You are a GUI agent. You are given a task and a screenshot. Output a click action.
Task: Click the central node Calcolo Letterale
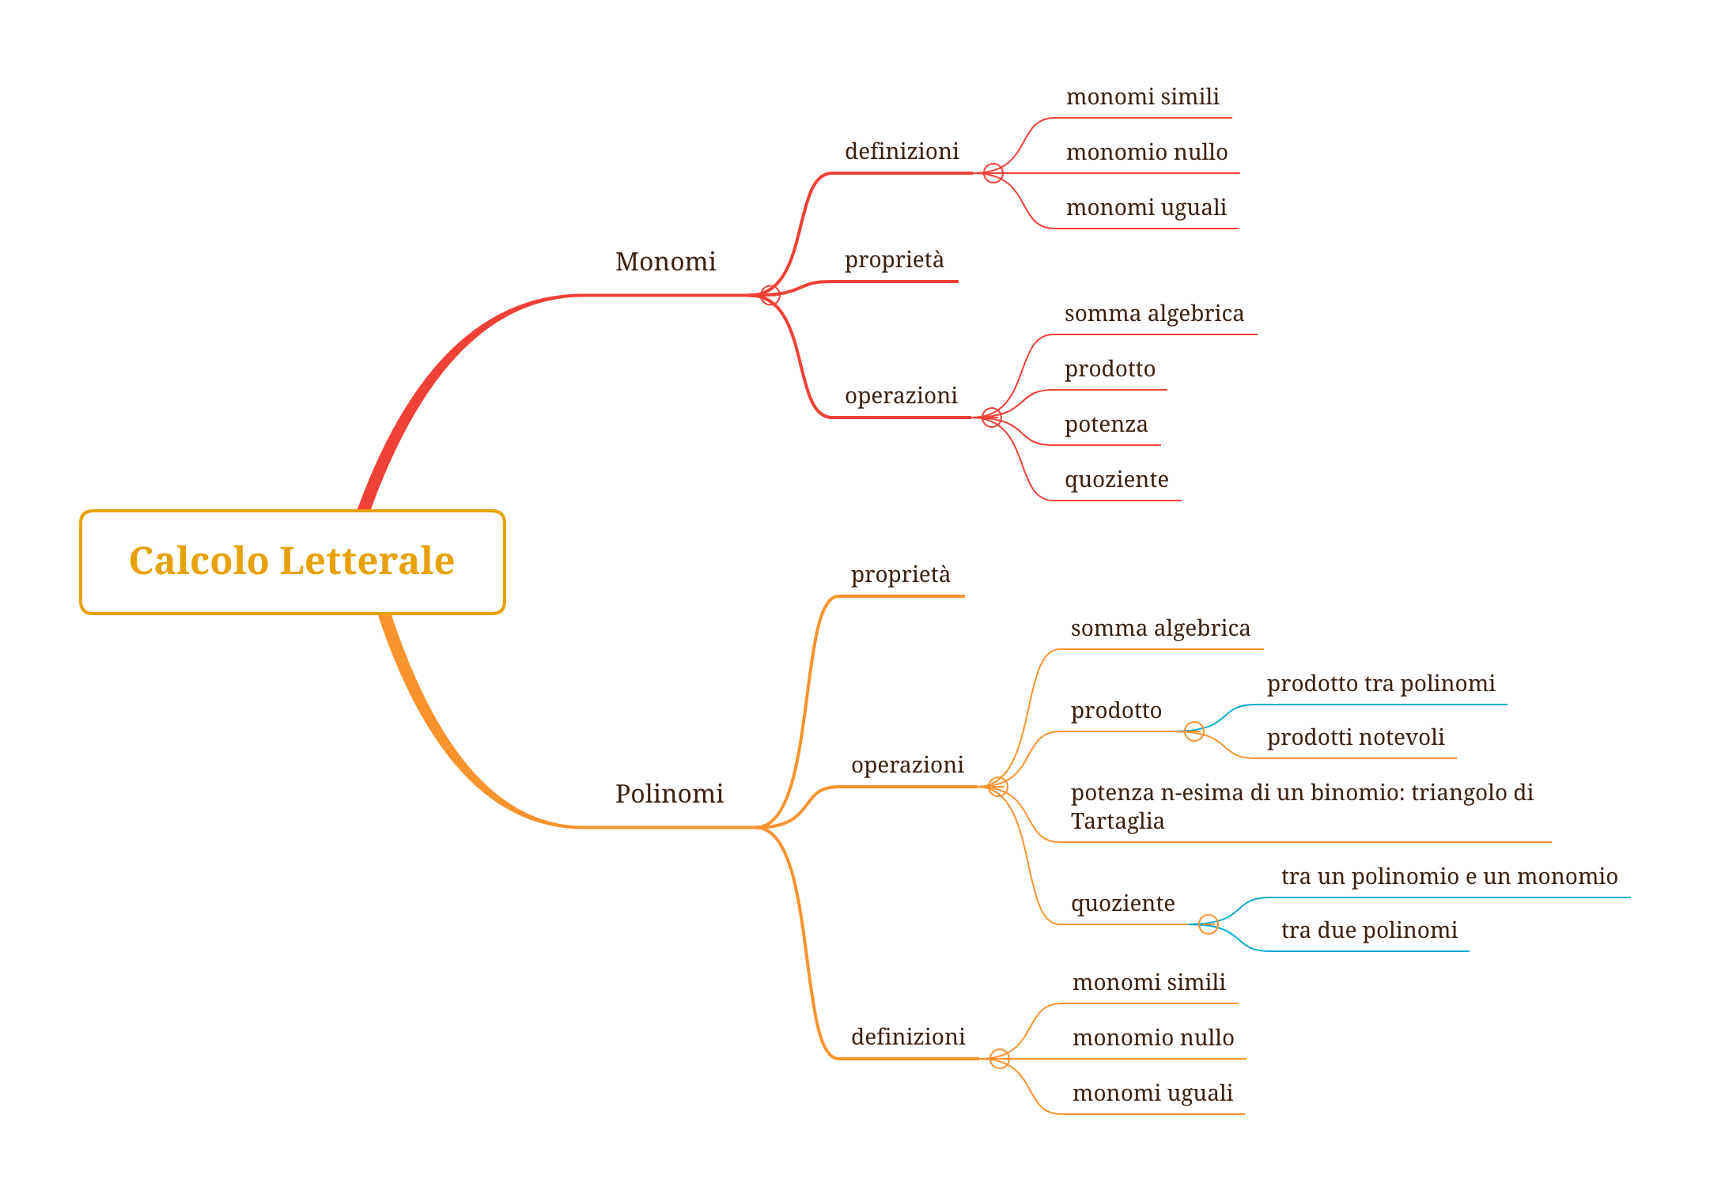(x=292, y=561)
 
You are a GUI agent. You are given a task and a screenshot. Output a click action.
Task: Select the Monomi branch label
(x=665, y=262)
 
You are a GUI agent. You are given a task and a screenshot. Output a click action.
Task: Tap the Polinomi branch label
(x=669, y=794)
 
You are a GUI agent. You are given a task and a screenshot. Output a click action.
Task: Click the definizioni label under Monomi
(x=901, y=151)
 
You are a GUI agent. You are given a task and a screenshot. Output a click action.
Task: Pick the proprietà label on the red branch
(x=894, y=260)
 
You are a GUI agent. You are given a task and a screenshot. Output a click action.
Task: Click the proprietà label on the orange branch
(x=900, y=575)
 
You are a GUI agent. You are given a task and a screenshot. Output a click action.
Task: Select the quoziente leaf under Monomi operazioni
(x=1116, y=480)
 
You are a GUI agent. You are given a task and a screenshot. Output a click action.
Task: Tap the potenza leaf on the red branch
(x=1106, y=425)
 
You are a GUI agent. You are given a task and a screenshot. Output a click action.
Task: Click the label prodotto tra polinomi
(x=1380, y=683)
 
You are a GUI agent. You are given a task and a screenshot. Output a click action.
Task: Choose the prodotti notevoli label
(x=1355, y=738)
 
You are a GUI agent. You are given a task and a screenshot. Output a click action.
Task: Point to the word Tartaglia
(x=1117, y=822)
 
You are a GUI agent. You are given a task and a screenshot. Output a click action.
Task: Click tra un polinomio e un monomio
(x=1449, y=876)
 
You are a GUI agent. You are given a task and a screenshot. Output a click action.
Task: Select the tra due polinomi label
(x=1368, y=931)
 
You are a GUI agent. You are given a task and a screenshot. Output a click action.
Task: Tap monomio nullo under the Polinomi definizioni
(x=1152, y=1038)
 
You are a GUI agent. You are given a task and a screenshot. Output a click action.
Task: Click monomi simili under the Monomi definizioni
(x=1142, y=97)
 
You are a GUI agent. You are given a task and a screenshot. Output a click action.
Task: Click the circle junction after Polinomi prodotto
(x=1194, y=731)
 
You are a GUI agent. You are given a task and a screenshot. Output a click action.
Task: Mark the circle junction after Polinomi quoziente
(x=1208, y=924)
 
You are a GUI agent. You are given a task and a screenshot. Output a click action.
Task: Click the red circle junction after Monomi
(x=770, y=295)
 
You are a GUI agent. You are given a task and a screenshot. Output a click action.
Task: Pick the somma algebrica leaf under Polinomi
(x=1160, y=629)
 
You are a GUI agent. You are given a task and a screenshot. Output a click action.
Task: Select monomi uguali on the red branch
(x=1146, y=208)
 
